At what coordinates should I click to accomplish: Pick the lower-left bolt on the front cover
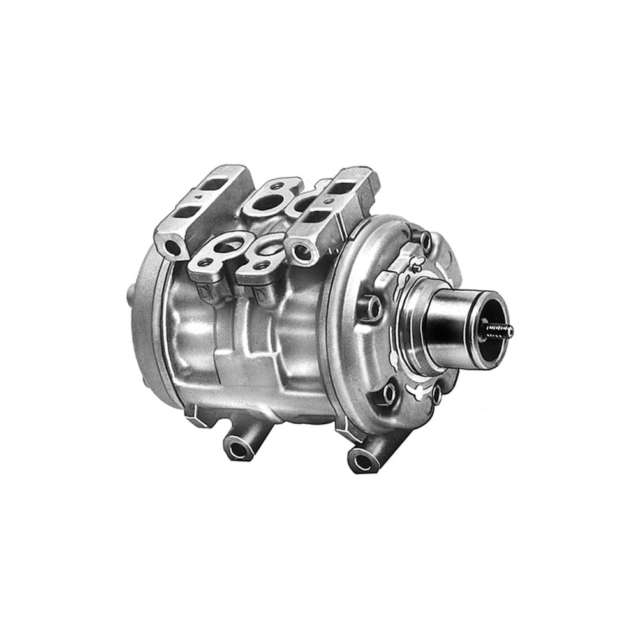pos(388,394)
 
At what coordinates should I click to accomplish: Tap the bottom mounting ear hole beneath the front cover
pos(362,460)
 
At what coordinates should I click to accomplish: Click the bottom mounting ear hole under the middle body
pos(238,449)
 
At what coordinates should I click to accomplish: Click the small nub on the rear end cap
pos(131,295)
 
